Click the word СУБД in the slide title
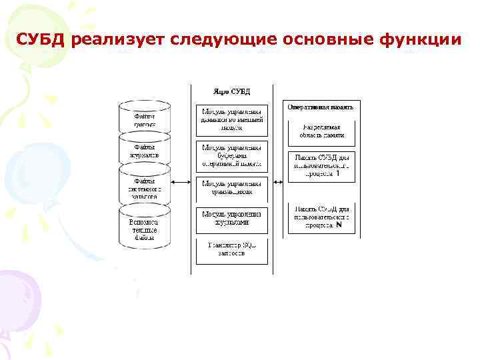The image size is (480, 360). point(42,41)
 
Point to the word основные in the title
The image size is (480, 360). point(317,41)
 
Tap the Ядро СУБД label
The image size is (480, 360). point(231,91)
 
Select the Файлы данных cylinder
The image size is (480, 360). point(145,118)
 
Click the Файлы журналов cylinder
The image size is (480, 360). point(145,151)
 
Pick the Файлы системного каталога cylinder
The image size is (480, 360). point(145,188)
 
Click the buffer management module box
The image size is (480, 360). point(232,155)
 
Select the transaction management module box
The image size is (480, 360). point(232,187)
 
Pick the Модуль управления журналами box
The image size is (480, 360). point(232,218)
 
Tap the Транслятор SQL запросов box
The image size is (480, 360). point(232,249)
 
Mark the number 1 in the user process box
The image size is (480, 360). point(338,173)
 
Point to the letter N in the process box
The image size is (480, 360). point(339,225)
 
